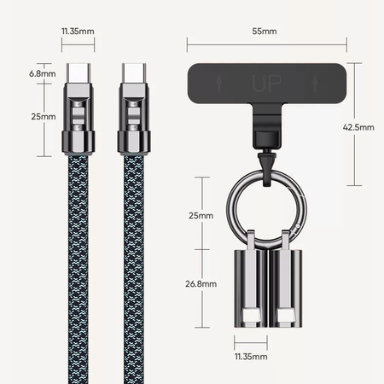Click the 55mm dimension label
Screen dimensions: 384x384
pos(265,32)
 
